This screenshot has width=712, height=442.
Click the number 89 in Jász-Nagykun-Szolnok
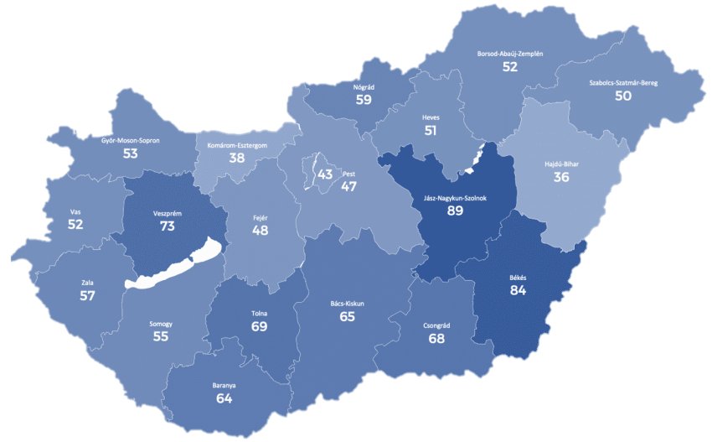pyautogui.click(x=455, y=211)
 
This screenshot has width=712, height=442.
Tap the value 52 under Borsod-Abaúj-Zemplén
pyautogui.click(x=510, y=66)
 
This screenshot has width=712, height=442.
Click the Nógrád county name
pyautogui.click(x=363, y=86)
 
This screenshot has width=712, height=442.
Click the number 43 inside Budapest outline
pyautogui.click(x=325, y=174)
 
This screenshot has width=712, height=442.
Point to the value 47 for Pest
pyautogui.click(x=349, y=186)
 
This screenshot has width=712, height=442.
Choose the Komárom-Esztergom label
pyautogui.click(x=237, y=145)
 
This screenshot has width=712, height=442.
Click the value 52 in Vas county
pyautogui.click(x=76, y=225)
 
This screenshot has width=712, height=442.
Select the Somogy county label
pyautogui.click(x=160, y=324)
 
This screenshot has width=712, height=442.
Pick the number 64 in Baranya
pyautogui.click(x=224, y=398)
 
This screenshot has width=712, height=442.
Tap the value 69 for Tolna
pyautogui.click(x=259, y=326)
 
